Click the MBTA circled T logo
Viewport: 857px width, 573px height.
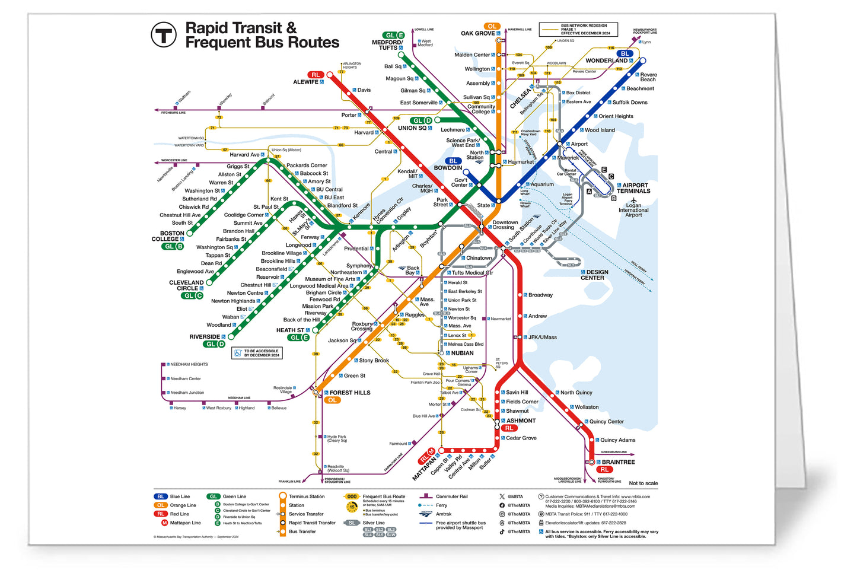(164, 35)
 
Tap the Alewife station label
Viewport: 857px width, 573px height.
(306, 82)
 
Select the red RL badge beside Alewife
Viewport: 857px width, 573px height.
(315, 75)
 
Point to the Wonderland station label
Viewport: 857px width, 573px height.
(606, 61)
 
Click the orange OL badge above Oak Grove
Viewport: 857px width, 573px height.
(492, 26)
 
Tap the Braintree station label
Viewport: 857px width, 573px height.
(618, 462)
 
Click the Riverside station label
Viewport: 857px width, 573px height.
(205, 337)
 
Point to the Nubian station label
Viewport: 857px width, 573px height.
(462, 353)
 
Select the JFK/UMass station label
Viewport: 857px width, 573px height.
(542, 337)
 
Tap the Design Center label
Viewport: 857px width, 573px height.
(594, 275)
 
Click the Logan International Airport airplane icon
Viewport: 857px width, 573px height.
(633, 200)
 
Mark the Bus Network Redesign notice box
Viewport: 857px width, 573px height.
(584, 30)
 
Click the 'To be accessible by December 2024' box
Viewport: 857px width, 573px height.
(257, 353)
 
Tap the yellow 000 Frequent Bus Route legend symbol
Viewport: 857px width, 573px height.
(352, 496)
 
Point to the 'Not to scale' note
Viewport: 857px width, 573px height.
(643, 483)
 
